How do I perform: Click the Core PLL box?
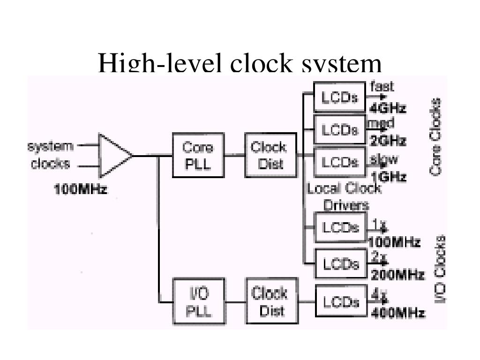coord(198,155)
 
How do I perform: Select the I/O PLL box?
coord(199,301)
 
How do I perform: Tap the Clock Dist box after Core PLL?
coord(270,155)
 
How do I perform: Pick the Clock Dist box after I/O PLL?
coord(272,301)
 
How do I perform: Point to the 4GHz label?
coord(388,108)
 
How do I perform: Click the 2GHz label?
coord(388,141)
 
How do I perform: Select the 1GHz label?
coord(389,177)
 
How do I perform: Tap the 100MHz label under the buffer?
coord(81,190)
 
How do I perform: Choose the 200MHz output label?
coord(397,274)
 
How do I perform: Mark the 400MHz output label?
coord(398,313)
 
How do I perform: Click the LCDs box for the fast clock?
coord(339,97)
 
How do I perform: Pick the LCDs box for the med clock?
coord(340,129)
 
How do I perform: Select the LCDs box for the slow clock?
coord(340,162)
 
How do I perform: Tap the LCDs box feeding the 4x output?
coord(341,302)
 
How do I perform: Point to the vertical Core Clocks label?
coord(435,136)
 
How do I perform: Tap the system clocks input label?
coord(50,155)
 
